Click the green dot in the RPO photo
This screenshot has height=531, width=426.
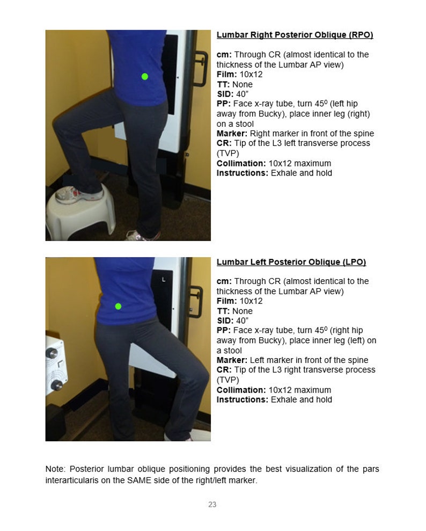[x=144, y=76]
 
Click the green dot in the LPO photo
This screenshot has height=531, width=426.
[x=118, y=306]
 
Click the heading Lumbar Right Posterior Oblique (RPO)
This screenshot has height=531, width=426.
[x=295, y=35]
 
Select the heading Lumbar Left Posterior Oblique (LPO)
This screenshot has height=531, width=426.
[x=291, y=262]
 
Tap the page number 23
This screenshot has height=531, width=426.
[x=212, y=504]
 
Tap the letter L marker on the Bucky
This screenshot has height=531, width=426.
[x=164, y=280]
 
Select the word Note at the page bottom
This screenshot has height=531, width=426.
[x=55, y=469]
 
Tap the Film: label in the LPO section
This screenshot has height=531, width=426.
[x=226, y=301]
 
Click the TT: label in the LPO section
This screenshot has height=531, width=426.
[x=223, y=311]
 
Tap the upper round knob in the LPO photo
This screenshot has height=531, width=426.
[x=53, y=353]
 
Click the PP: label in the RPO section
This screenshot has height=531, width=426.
[x=224, y=104]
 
